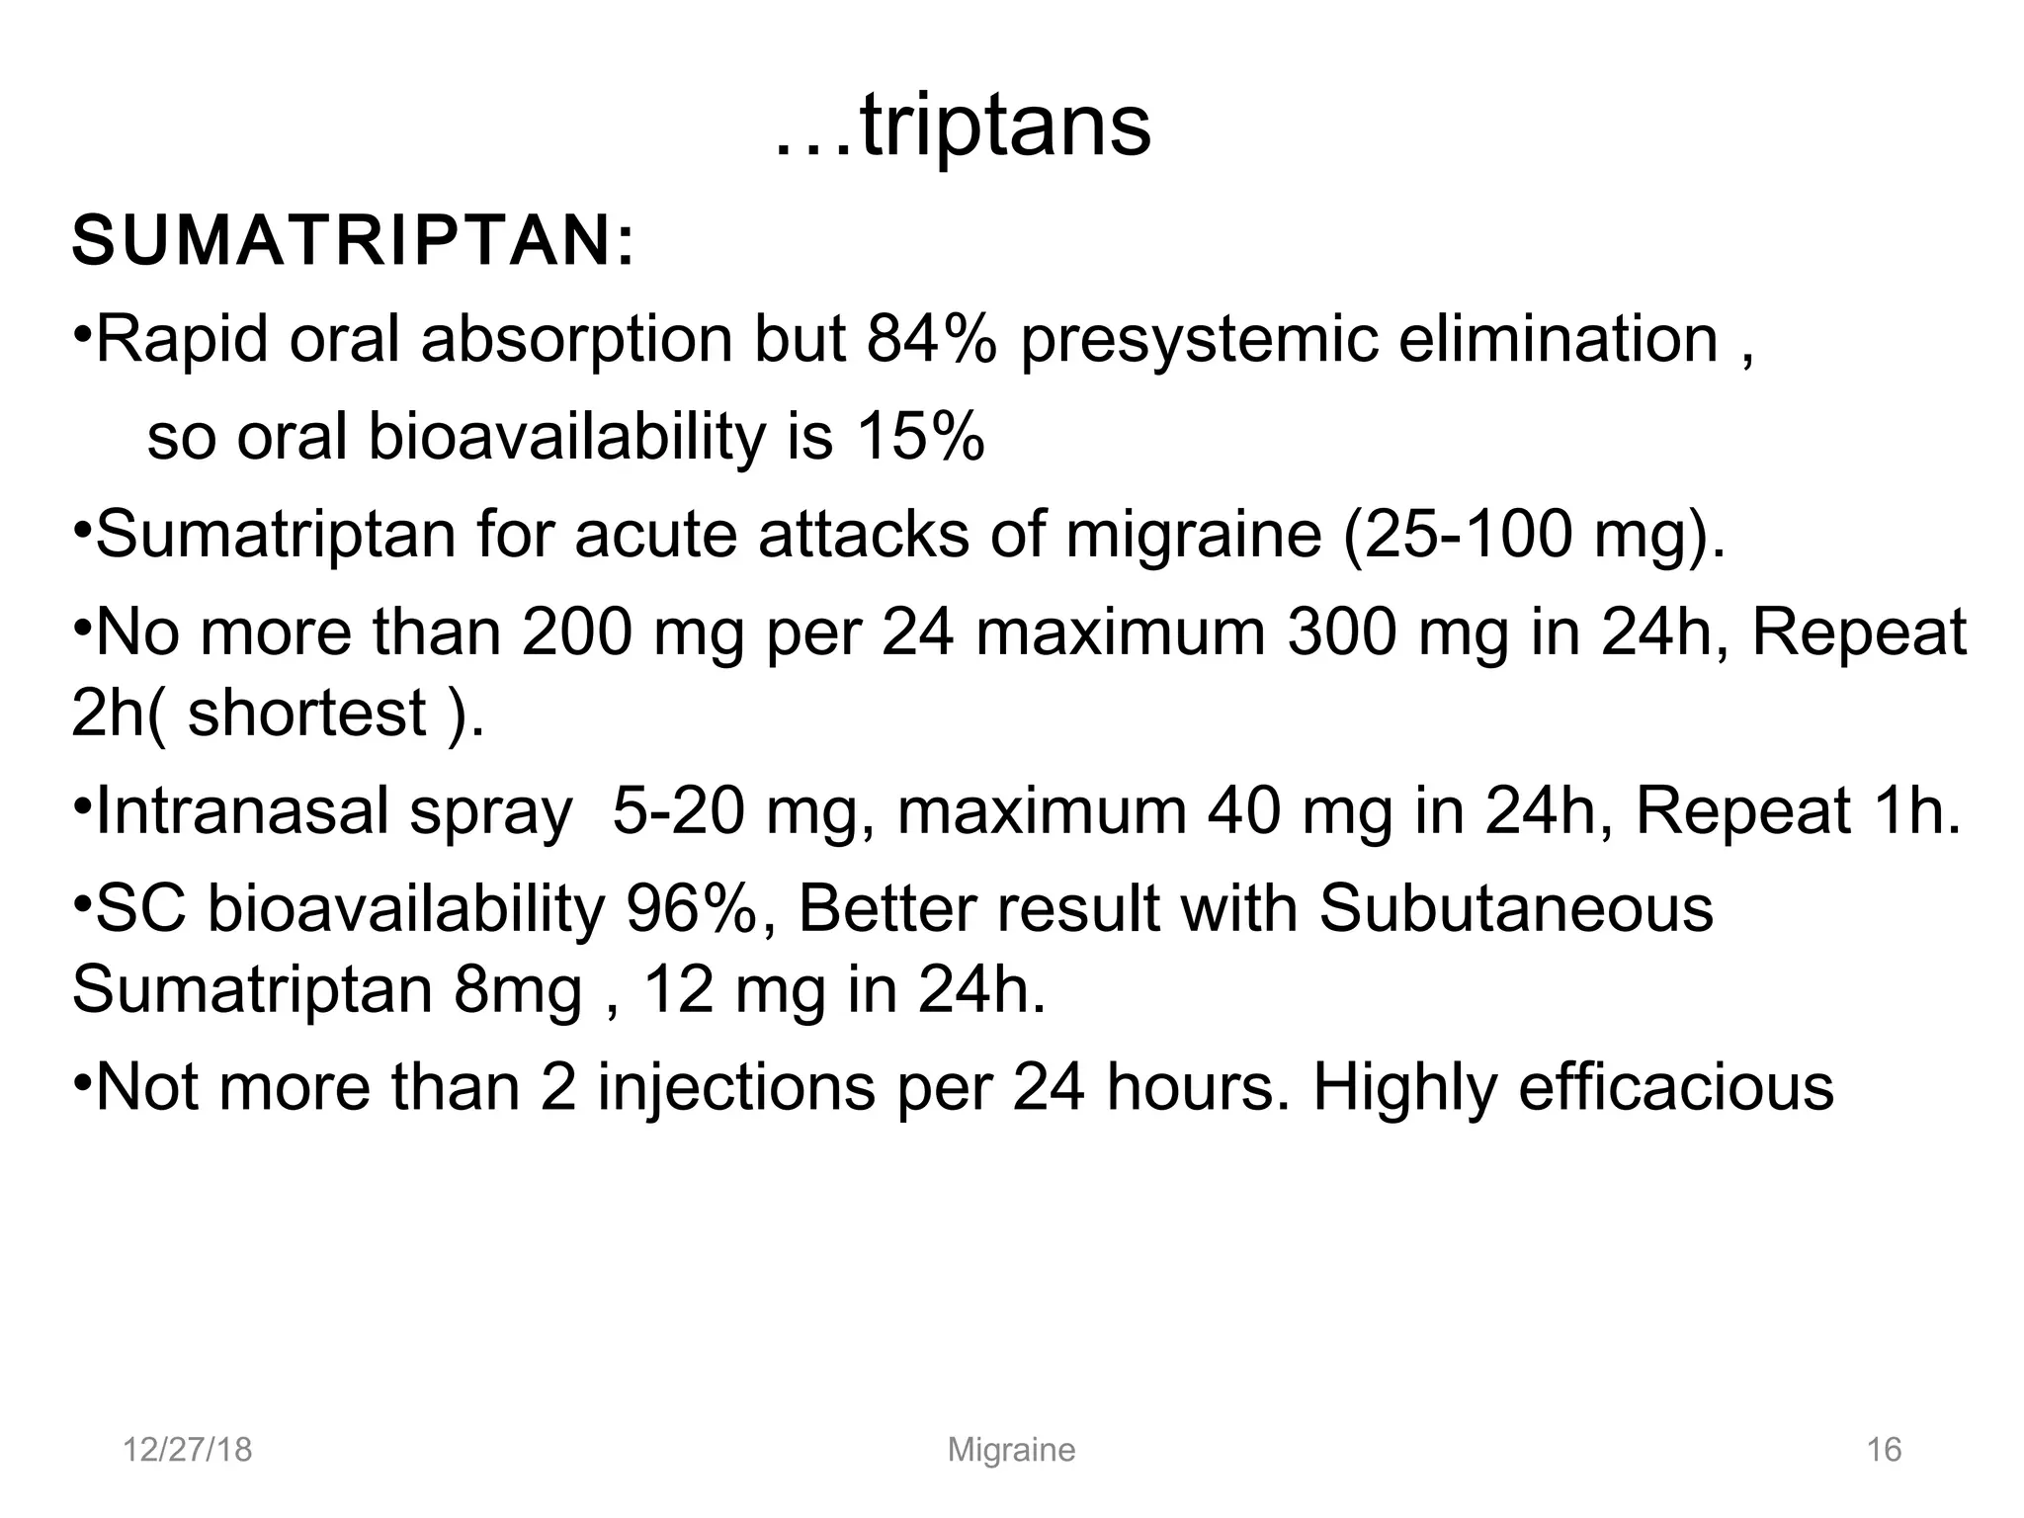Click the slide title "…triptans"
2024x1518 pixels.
coord(962,128)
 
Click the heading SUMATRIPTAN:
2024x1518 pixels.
coord(354,241)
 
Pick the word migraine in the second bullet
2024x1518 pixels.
coord(1194,537)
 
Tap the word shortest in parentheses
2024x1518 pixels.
coord(307,713)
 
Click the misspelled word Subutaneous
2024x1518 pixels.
coord(1516,908)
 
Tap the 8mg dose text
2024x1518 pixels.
coord(518,989)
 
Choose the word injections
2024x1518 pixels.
coord(736,1087)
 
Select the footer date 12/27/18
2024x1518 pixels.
coord(187,1450)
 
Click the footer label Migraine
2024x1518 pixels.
coord(1011,1450)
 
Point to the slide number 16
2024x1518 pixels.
coord(1884,1450)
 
